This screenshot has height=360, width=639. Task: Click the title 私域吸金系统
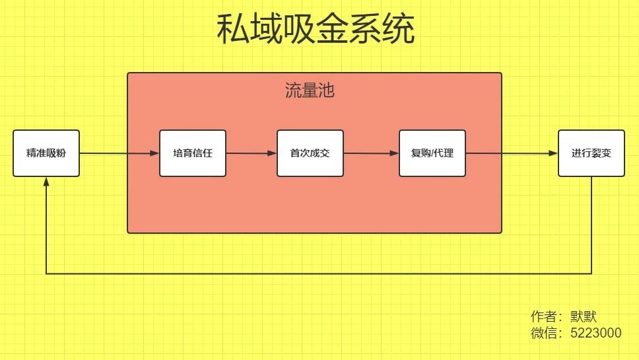[x=316, y=28]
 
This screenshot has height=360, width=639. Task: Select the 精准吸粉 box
[x=46, y=153]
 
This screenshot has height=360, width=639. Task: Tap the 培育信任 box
[x=193, y=153]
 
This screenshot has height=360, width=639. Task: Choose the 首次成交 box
[x=310, y=153]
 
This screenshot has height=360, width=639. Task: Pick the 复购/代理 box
[x=432, y=153]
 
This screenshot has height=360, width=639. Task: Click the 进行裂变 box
[x=591, y=153]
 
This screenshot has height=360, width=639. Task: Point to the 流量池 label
[x=310, y=90]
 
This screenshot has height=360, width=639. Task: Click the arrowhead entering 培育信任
[x=155, y=153]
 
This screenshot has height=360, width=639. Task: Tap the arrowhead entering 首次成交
[x=272, y=153]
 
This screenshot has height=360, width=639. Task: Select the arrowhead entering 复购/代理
[x=395, y=153]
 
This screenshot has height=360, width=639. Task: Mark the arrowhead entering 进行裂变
[x=553, y=153]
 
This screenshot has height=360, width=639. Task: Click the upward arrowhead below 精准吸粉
[x=46, y=182]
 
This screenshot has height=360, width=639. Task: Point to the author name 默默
[x=583, y=316]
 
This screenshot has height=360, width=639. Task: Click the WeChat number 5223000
[x=596, y=333]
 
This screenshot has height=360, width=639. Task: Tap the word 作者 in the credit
[x=544, y=316]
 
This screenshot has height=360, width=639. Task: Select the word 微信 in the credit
[x=544, y=333]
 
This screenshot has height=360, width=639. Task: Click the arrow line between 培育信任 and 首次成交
[x=252, y=153]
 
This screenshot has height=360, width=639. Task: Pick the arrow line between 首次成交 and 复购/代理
[x=371, y=153]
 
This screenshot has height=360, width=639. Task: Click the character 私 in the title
[x=233, y=28]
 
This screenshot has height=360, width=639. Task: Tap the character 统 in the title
[x=399, y=28]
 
